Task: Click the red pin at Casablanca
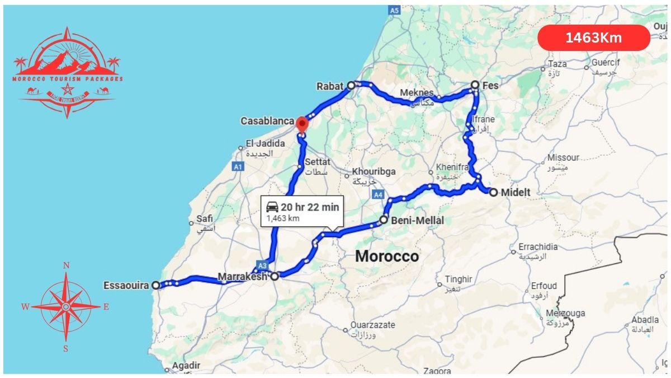[x=302, y=123]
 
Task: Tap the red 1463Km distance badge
[x=593, y=38]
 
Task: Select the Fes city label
[x=490, y=86]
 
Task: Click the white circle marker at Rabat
[x=351, y=86]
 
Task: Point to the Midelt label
[x=516, y=193]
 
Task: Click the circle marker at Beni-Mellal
[x=384, y=220]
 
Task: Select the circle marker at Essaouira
[x=156, y=285]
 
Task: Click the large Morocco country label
[x=387, y=256]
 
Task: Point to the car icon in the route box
[x=273, y=207]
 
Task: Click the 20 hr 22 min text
[x=310, y=207]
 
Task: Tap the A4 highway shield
[x=379, y=195]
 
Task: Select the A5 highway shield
[x=394, y=10]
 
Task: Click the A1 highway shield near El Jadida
[x=239, y=166]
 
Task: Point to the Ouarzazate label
[x=372, y=325]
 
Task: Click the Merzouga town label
[x=565, y=314]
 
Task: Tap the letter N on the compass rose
[x=66, y=265]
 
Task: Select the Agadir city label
[x=186, y=366]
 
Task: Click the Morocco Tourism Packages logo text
[x=68, y=79]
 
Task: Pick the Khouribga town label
[x=373, y=171]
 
